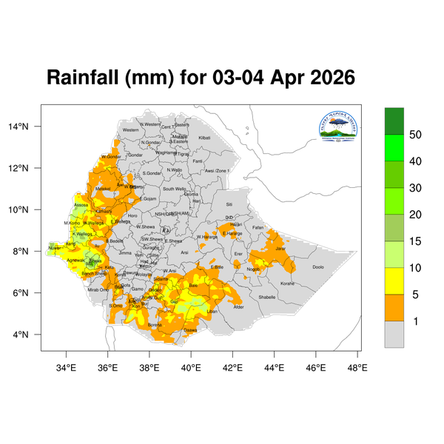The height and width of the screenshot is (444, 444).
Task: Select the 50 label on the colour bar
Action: click(416, 135)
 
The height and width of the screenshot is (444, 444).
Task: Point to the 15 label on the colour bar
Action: click(416, 241)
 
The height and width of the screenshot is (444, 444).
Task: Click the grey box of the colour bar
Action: click(394, 334)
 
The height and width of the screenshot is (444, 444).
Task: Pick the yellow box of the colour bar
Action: click(394, 280)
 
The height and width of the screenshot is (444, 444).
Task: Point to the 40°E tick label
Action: click(192, 367)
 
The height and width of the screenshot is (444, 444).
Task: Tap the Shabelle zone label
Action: click(267, 297)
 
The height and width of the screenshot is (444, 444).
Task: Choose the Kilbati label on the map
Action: click(204, 138)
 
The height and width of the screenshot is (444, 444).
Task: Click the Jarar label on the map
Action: click(280, 249)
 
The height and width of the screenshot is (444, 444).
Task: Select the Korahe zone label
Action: click(287, 283)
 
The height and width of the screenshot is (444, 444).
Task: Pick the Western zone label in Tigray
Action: click(130, 130)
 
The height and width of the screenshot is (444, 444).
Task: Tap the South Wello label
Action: click(175, 189)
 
